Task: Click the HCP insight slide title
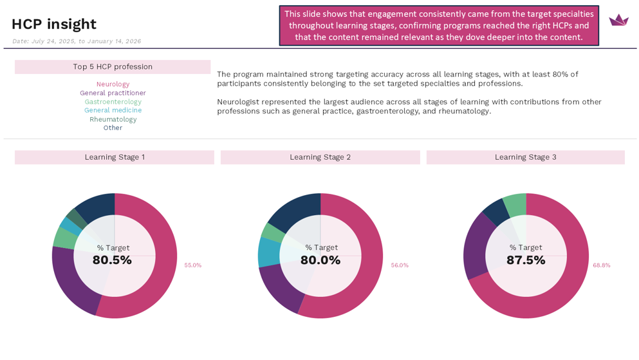coord(53,24)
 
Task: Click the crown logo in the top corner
coord(618,20)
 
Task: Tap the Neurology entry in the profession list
coord(113,84)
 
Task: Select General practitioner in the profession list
coord(113,93)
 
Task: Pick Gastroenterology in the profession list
coord(113,102)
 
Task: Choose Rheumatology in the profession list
coord(113,119)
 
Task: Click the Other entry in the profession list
coord(113,128)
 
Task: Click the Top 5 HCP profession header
coord(113,67)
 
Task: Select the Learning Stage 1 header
coord(115,157)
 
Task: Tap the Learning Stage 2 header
coord(320,157)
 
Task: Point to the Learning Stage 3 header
coord(525,157)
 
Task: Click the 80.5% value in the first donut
coord(112,260)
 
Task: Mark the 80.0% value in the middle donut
coord(320,260)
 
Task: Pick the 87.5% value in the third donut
coord(526,260)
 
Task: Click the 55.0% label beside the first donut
coord(193,265)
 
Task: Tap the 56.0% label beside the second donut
coord(400,265)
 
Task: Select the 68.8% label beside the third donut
coord(602,265)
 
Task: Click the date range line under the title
coord(77,41)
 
